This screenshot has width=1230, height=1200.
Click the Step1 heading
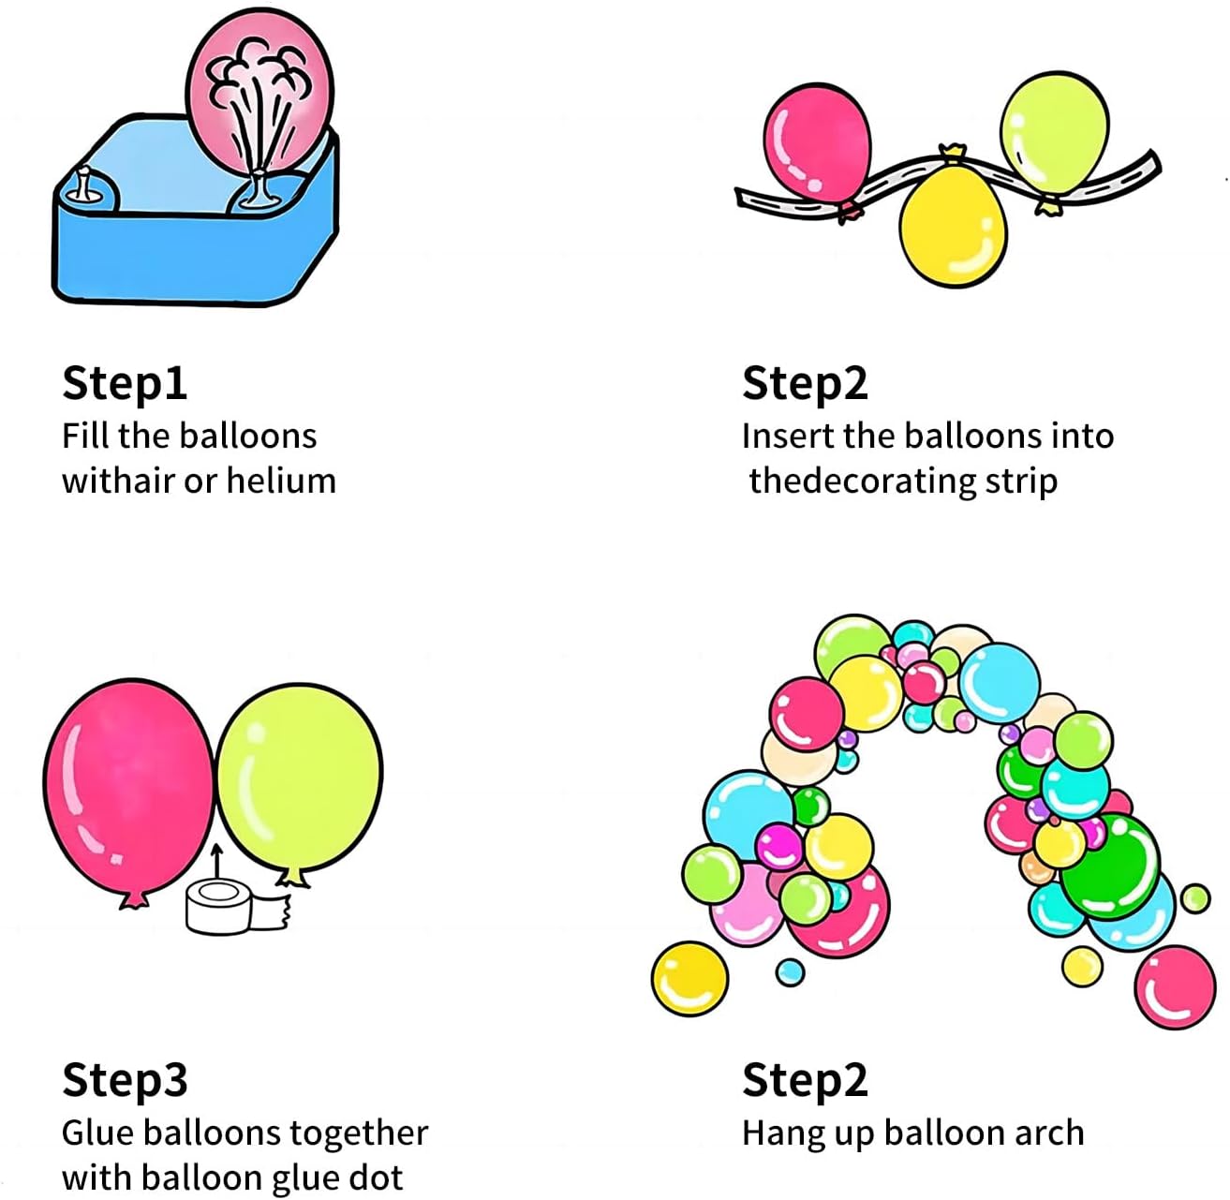click(125, 383)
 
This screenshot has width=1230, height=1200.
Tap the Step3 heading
click(125, 1080)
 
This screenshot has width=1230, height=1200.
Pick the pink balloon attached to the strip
click(817, 143)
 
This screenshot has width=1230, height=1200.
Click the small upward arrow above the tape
click(217, 860)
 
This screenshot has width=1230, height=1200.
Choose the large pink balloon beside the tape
click(128, 787)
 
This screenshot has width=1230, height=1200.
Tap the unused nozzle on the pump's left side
click(84, 184)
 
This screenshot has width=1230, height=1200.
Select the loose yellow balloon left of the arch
click(689, 980)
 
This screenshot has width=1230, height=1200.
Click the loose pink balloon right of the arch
click(1175, 987)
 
